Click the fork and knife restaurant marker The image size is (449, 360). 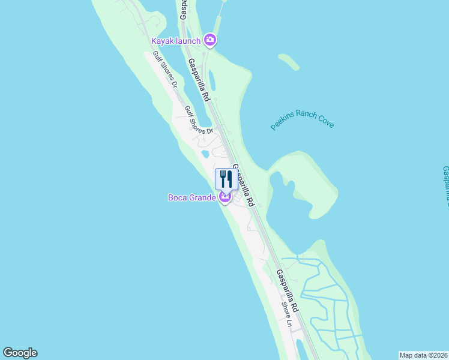(226, 178)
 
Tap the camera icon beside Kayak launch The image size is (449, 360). (210, 40)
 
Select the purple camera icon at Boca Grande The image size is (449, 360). (226, 197)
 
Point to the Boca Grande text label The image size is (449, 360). (191, 197)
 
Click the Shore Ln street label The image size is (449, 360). (288, 314)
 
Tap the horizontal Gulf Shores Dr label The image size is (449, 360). (199, 120)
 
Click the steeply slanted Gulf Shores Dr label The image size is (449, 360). (165, 69)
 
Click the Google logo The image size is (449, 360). (20, 353)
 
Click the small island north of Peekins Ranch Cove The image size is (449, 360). (288, 61)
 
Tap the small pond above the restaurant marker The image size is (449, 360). (205, 154)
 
